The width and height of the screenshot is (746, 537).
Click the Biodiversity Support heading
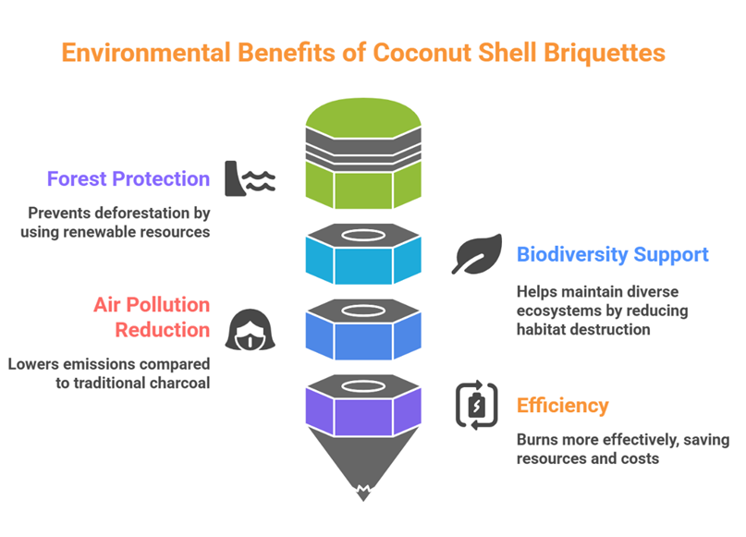click(612, 254)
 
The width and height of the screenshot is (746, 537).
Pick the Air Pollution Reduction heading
click(152, 317)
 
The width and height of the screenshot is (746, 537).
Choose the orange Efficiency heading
click(562, 406)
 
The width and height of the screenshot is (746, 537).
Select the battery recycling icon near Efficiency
click(477, 406)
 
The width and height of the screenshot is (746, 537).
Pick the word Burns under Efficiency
click(536, 439)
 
